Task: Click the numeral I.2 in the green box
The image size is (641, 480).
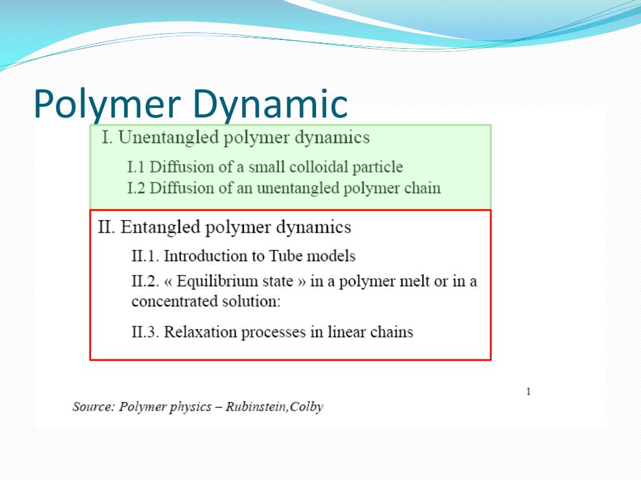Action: click(x=136, y=188)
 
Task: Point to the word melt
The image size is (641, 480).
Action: click(x=416, y=282)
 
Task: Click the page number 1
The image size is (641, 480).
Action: click(x=528, y=392)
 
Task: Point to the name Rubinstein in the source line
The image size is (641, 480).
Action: click(x=256, y=407)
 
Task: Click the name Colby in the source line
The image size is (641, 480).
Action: click(x=307, y=407)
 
